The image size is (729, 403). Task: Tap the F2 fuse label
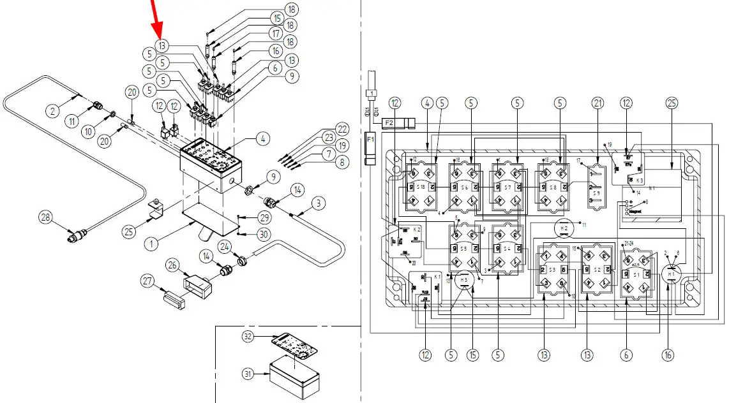click(389, 121)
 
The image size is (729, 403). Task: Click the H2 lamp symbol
click(563, 228)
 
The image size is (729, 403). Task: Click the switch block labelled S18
click(421, 187)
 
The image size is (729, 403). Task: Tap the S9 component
click(596, 185)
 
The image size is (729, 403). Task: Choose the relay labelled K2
click(402, 240)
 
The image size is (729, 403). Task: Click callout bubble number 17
click(274, 33)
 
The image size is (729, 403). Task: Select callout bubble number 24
click(225, 246)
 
